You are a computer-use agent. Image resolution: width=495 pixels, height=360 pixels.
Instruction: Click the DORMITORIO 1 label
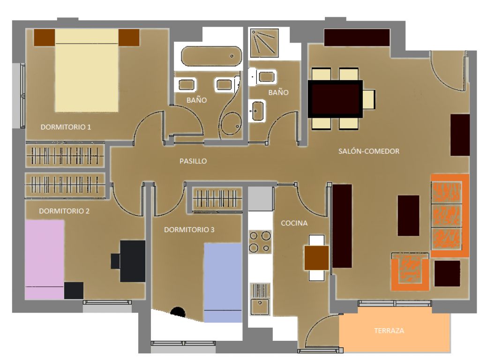(x=66, y=127)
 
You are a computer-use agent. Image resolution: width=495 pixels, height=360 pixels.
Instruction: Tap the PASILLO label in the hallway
(x=193, y=161)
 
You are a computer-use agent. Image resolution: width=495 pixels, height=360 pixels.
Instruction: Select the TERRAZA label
(x=389, y=330)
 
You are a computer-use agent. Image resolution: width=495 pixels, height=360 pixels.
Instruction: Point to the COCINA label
(x=294, y=223)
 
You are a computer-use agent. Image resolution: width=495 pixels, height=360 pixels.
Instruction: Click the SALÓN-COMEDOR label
(x=369, y=151)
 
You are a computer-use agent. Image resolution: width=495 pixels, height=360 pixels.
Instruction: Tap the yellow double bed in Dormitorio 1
(x=87, y=70)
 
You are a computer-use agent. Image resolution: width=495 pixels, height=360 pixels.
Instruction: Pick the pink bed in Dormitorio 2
(x=45, y=260)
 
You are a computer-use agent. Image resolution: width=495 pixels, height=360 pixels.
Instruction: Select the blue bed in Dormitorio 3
(x=223, y=283)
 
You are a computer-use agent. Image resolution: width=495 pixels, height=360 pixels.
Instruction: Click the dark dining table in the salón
(x=335, y=99)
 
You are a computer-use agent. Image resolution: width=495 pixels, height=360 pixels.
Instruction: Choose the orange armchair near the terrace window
(x=410, y=271)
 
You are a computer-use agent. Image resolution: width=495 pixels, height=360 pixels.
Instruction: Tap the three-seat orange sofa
(x=450, y=215)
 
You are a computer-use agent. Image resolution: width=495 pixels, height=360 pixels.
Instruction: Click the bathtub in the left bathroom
(x=211, y=56)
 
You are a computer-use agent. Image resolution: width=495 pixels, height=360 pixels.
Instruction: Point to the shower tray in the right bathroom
(x=264, y=43)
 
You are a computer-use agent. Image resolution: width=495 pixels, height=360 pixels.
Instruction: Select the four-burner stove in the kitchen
(x=260, y=241)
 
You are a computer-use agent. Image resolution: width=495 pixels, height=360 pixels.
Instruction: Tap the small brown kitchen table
(x=316, y=258)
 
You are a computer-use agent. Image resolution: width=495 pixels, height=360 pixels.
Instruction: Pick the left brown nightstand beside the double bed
(x=45, y=37)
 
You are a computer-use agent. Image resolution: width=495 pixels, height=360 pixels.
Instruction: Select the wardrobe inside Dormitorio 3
(x=217, y=199)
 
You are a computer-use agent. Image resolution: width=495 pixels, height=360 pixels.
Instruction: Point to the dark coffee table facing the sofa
(x=408, y=216)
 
